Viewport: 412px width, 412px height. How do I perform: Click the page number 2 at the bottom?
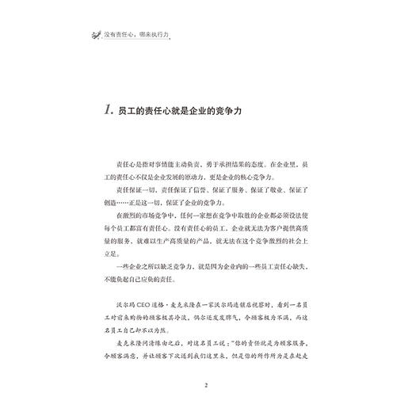point(205,386)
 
